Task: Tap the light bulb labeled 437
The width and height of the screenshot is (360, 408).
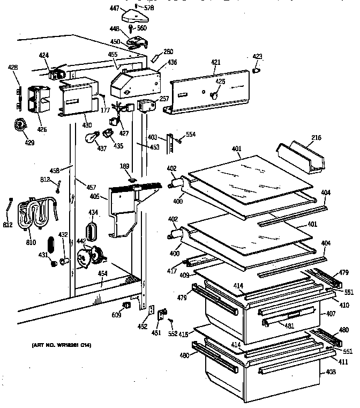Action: [92, 137]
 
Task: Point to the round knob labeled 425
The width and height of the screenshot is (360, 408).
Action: [214, 95]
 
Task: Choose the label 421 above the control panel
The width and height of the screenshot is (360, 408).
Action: [215, 63]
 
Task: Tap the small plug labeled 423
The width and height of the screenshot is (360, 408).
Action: [256, 69]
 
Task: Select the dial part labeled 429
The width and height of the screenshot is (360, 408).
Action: [21, 125]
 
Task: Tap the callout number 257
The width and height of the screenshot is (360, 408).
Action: [164, 100]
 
